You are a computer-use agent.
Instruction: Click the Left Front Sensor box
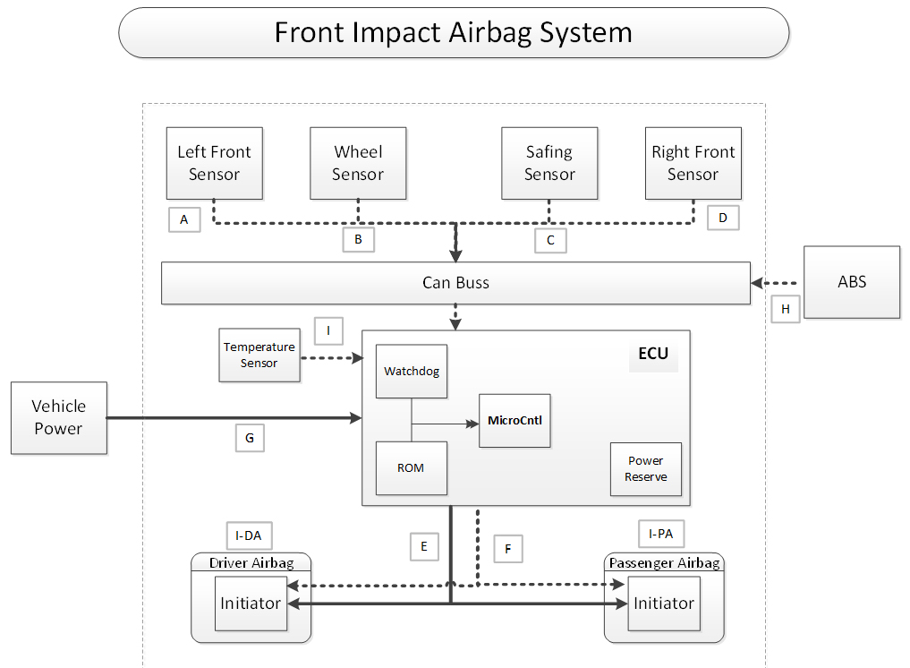click(214, 163)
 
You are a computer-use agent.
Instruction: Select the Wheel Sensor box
click(358, 163)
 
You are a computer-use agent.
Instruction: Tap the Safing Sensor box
click(549, 163)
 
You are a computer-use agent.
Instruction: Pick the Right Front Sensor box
click(693, 163)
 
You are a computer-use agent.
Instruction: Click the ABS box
click(852, 282)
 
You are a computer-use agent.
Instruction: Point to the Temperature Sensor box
click(259, 355)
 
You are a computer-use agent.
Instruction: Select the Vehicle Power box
click(59, 417)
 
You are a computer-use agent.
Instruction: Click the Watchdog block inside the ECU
click(412, 372)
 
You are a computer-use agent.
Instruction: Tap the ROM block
click(412, 468)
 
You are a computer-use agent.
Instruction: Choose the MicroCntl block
click(515, 421)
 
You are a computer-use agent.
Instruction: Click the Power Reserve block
click(646, 468)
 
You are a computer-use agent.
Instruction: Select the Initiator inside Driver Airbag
click(251, 603)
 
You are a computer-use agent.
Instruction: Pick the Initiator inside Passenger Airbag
click(664, 603)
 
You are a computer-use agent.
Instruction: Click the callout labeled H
click(786, 309)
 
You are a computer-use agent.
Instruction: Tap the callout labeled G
click(250, 438)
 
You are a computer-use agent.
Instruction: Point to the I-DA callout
click(249, 535)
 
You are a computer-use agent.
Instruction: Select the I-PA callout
click(661, 534)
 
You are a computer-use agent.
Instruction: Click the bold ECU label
click(653, 353)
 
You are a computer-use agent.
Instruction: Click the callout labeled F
click(508, 549)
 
